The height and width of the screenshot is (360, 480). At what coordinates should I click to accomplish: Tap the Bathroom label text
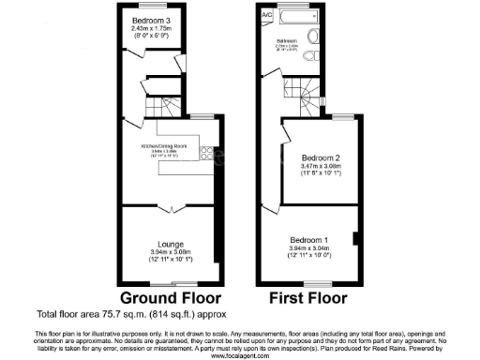pyautogui.click(x=288, y=41)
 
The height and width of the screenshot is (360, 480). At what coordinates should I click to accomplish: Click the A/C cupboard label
pyautogui.click(x=267, y=16)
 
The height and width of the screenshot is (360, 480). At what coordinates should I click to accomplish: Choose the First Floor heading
pyautogui.click(x=307, y=298)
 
